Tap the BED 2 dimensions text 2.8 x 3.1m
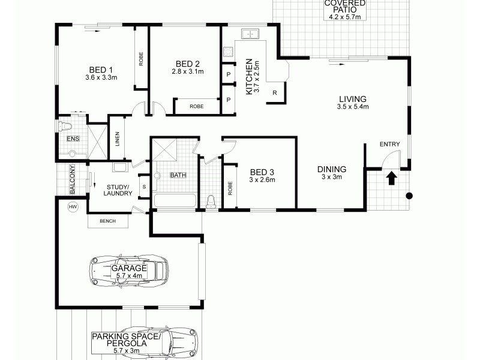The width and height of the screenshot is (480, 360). (x=187, y=72)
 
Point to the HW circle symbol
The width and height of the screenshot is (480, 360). (x=73, y=207)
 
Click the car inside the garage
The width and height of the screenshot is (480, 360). (x=128, y=271)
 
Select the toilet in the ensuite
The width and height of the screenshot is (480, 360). (x=64, y=126)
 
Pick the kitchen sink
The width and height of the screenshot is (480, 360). (x=249, y=34)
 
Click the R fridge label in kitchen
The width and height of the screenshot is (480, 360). (x=274, y=92)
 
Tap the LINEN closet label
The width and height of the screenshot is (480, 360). (x=118, y=139)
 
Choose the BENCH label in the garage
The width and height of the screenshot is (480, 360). (x=107, y=221)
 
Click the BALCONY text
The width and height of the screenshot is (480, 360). (x=72, y=180)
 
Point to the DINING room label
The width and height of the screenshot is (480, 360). (x=332, y=169)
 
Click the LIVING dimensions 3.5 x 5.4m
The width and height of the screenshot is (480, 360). (x=353, y=107)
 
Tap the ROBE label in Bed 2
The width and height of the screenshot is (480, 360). (x=196, y=106)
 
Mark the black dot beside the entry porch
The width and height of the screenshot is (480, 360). (x=410, y=196)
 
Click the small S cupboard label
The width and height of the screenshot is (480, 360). (x=144, y=186)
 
